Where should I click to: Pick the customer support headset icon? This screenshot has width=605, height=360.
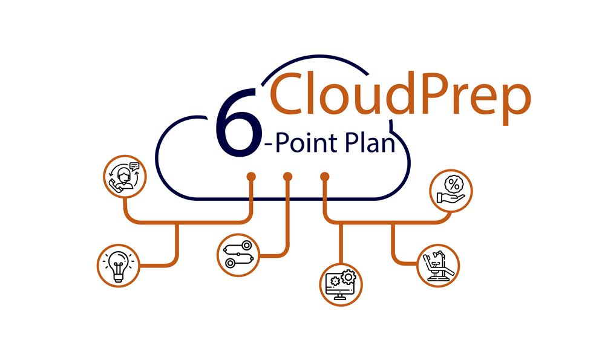(124, 175)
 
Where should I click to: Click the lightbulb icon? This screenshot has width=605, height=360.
(119, 265)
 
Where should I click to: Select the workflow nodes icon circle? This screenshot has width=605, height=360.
(238, 255)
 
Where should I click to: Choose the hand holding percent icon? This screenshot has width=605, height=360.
(451, 189)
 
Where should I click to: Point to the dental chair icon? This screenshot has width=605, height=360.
(438, 265)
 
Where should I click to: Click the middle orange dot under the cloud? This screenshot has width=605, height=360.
(288, 176)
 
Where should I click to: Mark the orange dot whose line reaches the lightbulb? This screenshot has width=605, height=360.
(250, 176)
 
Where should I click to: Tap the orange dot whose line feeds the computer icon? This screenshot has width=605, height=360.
(325, 176)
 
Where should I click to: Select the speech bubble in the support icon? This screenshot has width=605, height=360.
(134, 166)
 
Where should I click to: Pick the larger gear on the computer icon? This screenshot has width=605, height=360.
(347, 277)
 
